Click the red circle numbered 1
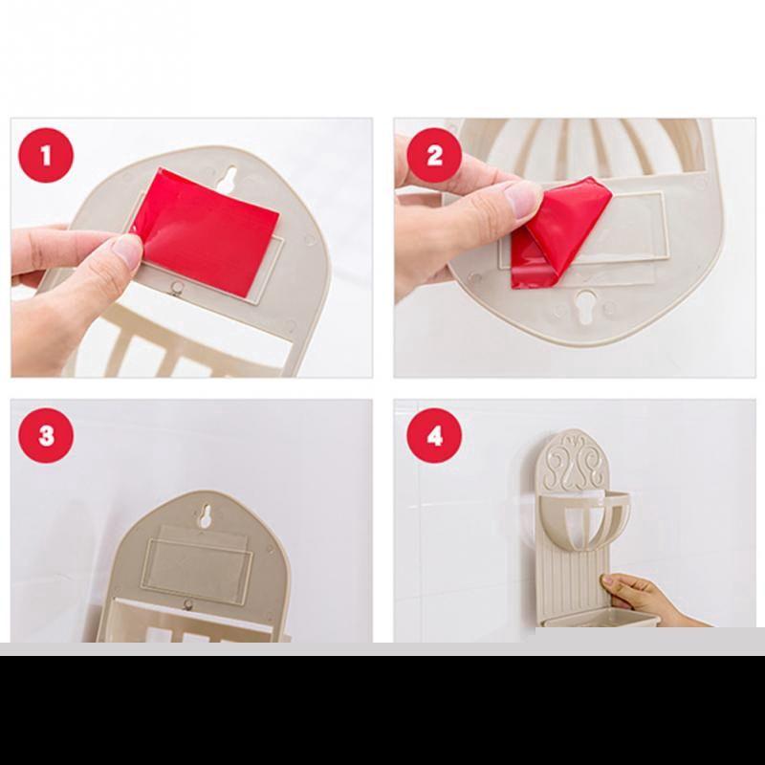(x=46, y=156)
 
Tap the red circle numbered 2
(x=434, y=156)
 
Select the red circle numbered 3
(x=46, y=436)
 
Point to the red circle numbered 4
(x=434, y=436)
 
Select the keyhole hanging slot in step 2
(x=585, y=306)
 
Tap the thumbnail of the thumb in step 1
(x=128, y=250)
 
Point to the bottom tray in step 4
(x=601, y=619)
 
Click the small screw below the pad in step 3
(x=187, y=605)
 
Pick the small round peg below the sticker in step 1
(x=176, y=287)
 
